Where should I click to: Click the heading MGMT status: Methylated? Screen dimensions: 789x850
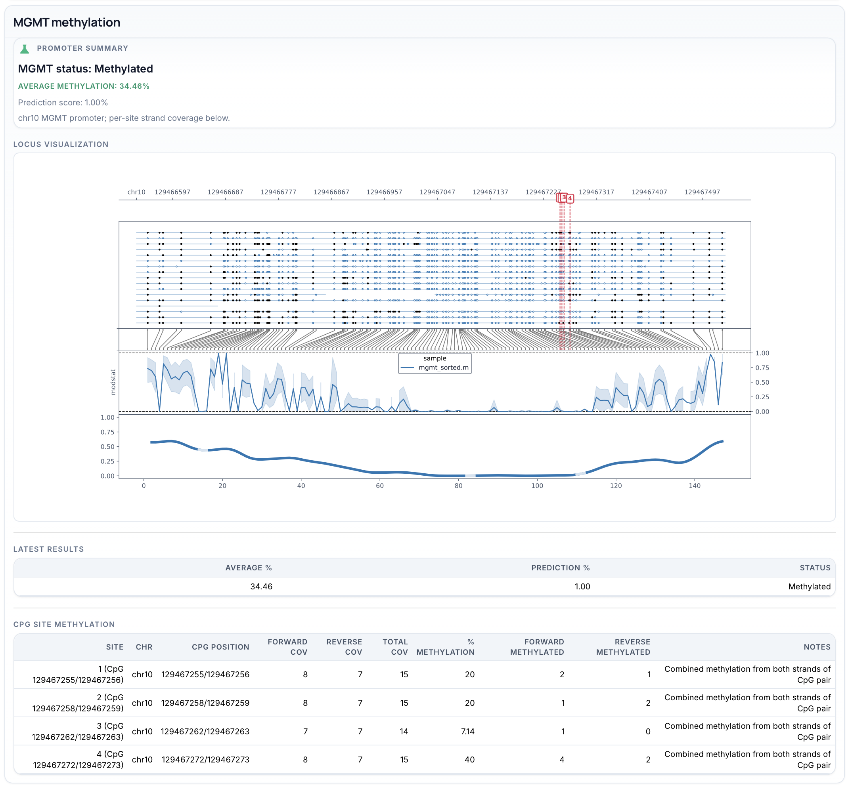point(85,69)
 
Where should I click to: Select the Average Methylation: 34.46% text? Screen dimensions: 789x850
point(83,86)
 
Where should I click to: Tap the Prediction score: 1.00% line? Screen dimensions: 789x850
point(63,103)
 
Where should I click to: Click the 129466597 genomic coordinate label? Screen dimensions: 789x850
point(172,192)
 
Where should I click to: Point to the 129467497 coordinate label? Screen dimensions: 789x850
point(702,192)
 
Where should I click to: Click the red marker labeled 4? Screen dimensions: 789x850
point(570,198)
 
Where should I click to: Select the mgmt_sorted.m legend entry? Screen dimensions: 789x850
point(443,368)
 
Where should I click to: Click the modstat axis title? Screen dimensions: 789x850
point(113,382)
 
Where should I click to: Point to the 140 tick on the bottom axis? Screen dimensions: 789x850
point(695,486)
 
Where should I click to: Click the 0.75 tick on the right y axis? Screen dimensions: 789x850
point(762,368)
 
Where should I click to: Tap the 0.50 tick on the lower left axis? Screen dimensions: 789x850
point(107,447)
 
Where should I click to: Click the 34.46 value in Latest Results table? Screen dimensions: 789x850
point(261,587)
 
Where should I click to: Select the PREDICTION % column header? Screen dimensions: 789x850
point(560,568)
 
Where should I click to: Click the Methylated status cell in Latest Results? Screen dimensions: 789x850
point(809,587)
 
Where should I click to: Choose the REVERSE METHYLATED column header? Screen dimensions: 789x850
point(623,647)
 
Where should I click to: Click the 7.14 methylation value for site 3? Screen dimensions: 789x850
point(467,731)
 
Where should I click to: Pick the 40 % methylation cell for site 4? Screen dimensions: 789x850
point(469,760)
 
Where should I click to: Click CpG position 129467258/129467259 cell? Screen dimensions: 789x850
point(205,703)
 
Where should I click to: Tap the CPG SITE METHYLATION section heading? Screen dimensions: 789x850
point(64,624)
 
